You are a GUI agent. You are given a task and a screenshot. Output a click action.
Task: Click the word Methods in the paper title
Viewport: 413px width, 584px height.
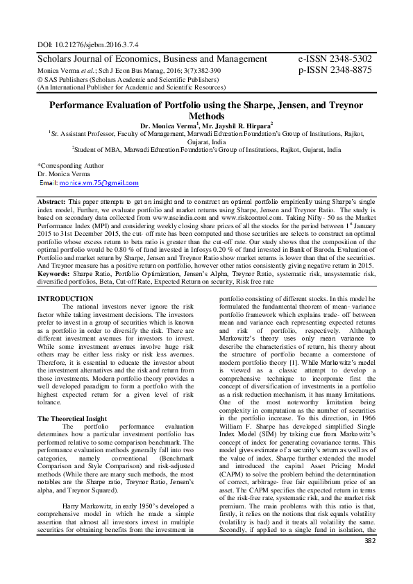pos(206,116)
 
